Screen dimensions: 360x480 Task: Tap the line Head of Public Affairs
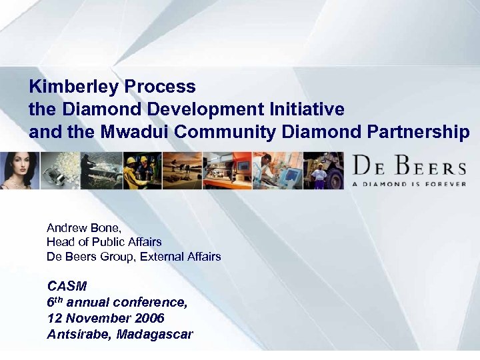click(104, 242)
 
